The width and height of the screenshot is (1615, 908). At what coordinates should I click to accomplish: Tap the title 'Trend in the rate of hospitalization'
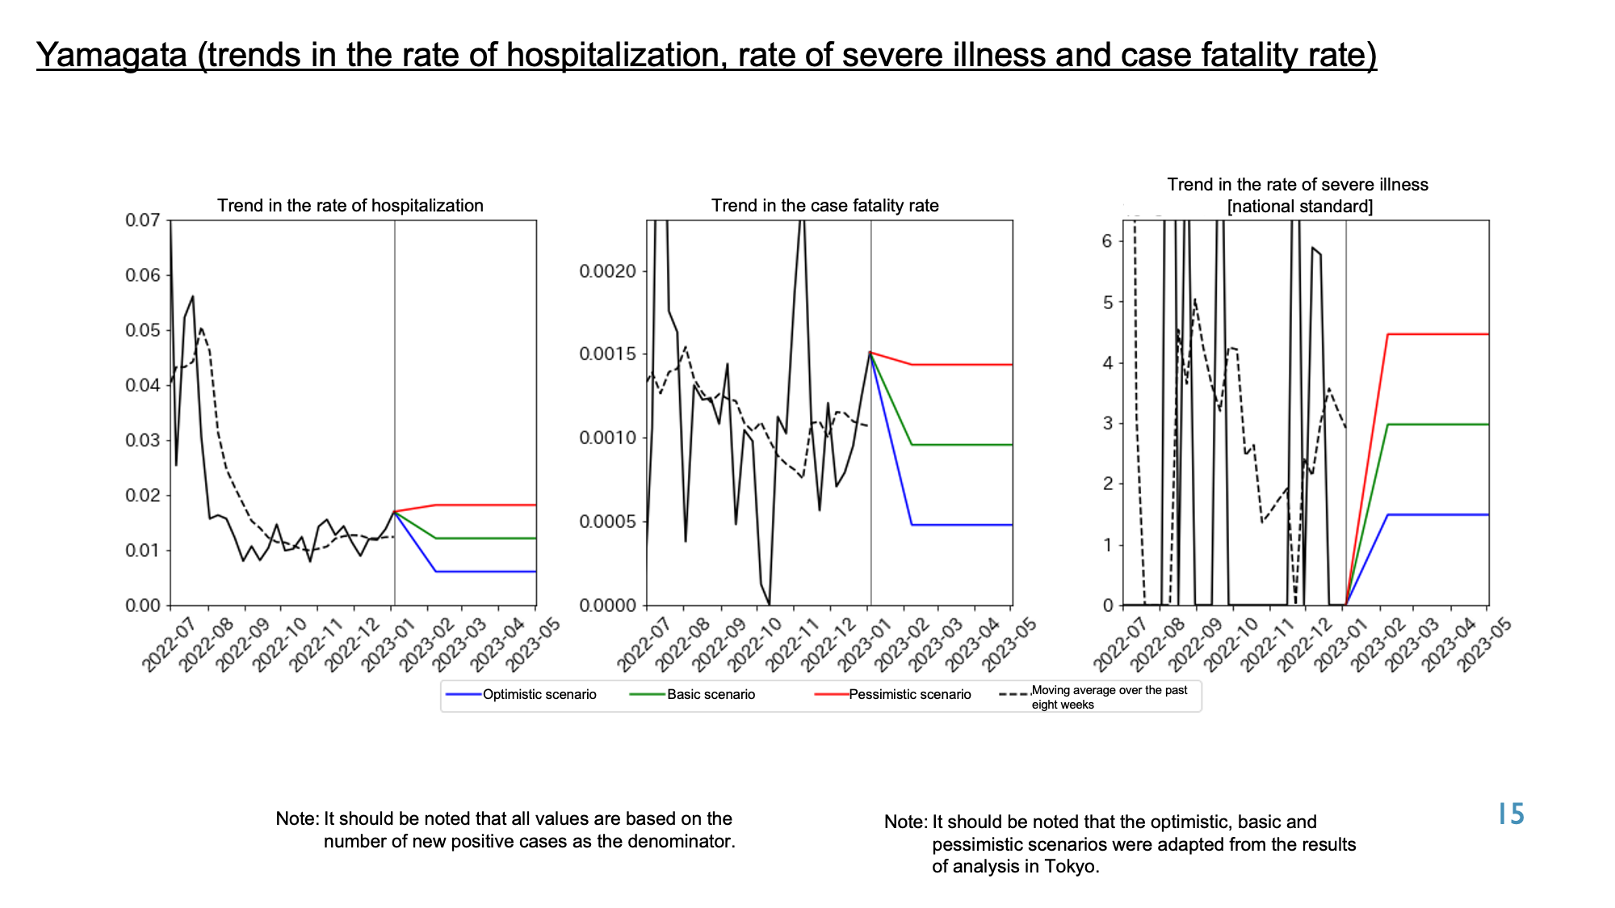click(350, 206)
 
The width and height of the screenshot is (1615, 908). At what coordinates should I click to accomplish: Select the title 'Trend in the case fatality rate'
click(824, 206)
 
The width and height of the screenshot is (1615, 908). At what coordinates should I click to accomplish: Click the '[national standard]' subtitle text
click(1299, 207)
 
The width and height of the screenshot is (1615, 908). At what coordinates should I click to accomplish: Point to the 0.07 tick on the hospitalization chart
click(142, 220)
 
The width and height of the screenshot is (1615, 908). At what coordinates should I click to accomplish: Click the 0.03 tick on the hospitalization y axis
click(142, 441)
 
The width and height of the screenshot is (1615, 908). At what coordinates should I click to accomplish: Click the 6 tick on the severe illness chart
click(1107, 241)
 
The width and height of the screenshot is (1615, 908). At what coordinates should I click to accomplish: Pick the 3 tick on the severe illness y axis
click(1107, 424)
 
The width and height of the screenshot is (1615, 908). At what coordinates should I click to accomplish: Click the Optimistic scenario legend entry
click(521, 695)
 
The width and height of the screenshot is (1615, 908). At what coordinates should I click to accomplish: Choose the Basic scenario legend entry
click(692, 695)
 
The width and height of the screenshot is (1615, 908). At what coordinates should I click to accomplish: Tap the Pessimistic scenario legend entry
click(893, 695)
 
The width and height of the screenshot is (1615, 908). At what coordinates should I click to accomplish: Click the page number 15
click(1511, 814)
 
